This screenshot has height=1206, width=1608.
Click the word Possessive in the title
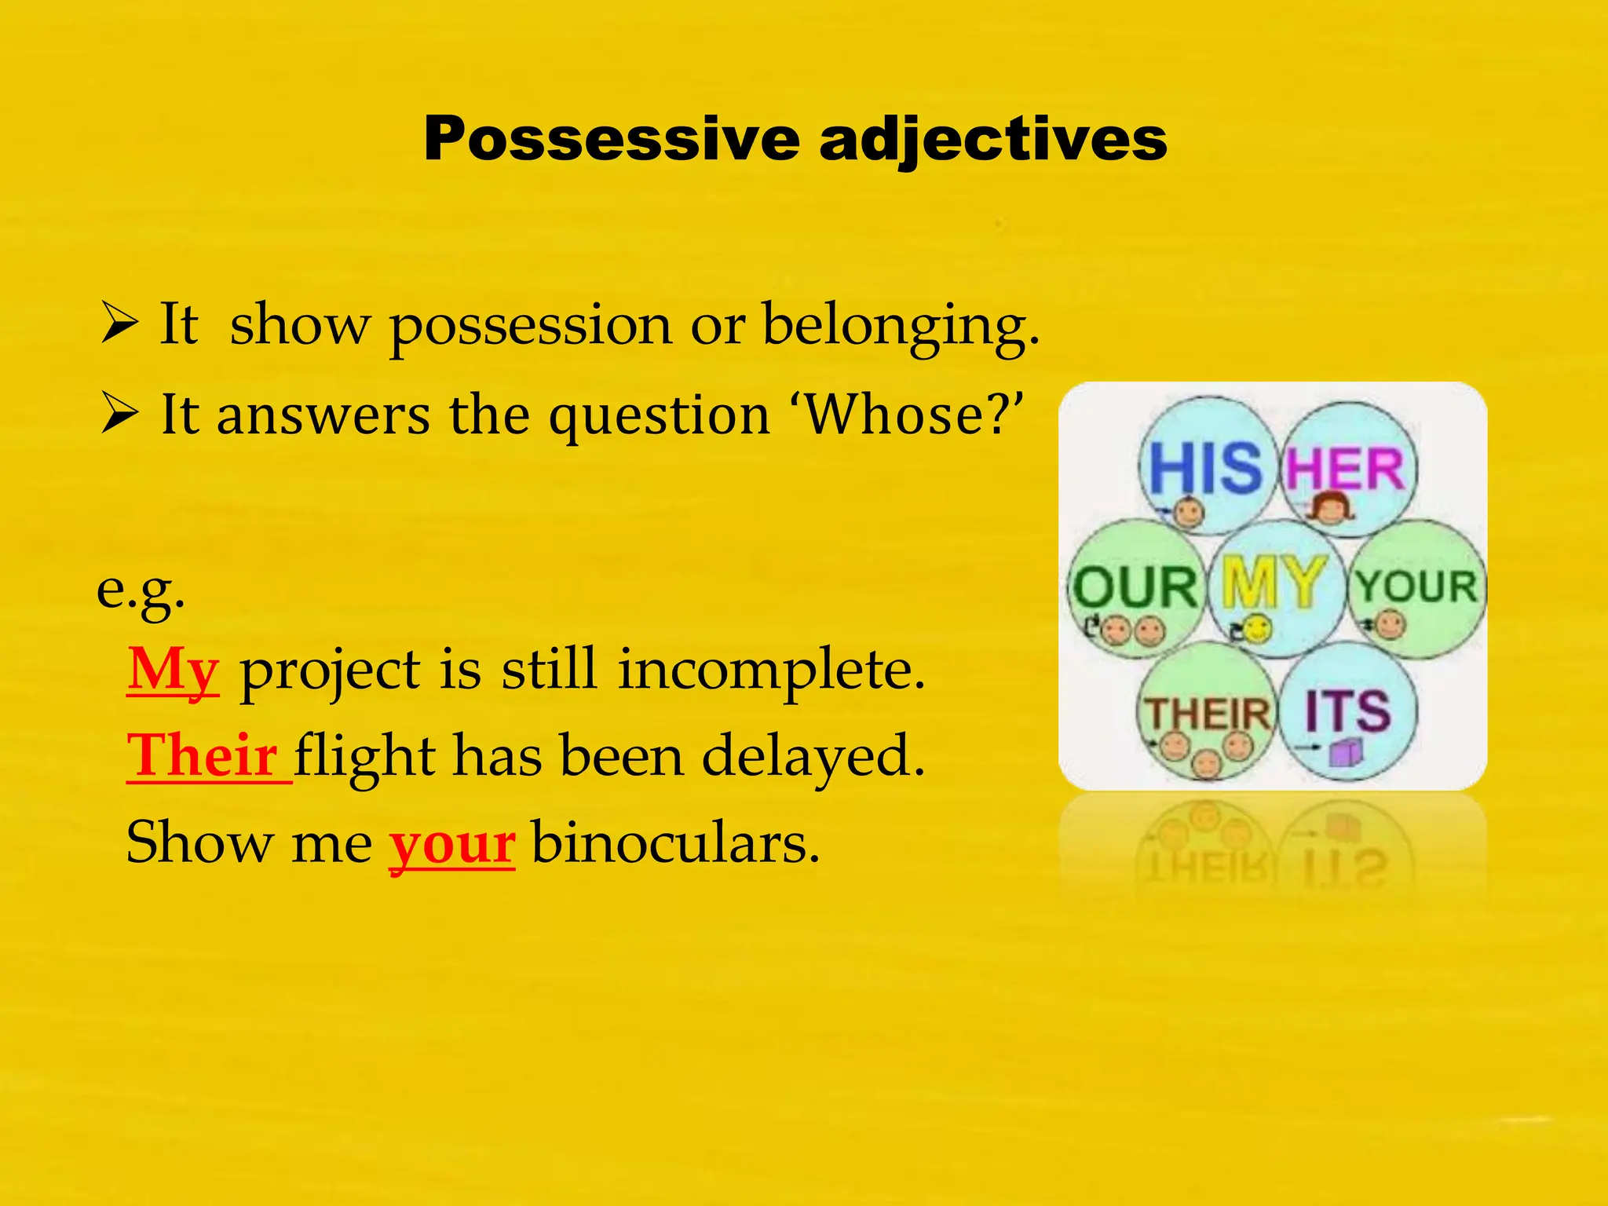pyautogui.click(x=611, y=139)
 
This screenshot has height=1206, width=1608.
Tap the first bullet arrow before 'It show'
pyautogui.click(x=119, y=325)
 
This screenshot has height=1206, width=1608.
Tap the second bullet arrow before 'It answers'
pyautogui.click(x=119, y=415)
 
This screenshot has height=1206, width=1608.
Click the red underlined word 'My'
pyautogui.click(x=173, y=671)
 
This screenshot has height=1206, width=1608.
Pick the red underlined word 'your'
pyautogui.click(x=452, y=844)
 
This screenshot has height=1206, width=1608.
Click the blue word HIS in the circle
pyautogui.click(x=1204, y=469)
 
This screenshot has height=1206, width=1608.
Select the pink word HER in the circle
pyautogui.click(x=1344, y=470)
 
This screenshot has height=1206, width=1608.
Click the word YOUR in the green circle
pyautogui.click(x=1417, y=586)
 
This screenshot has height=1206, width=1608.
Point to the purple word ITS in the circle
pyautogui.click(x=1347, y=710)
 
